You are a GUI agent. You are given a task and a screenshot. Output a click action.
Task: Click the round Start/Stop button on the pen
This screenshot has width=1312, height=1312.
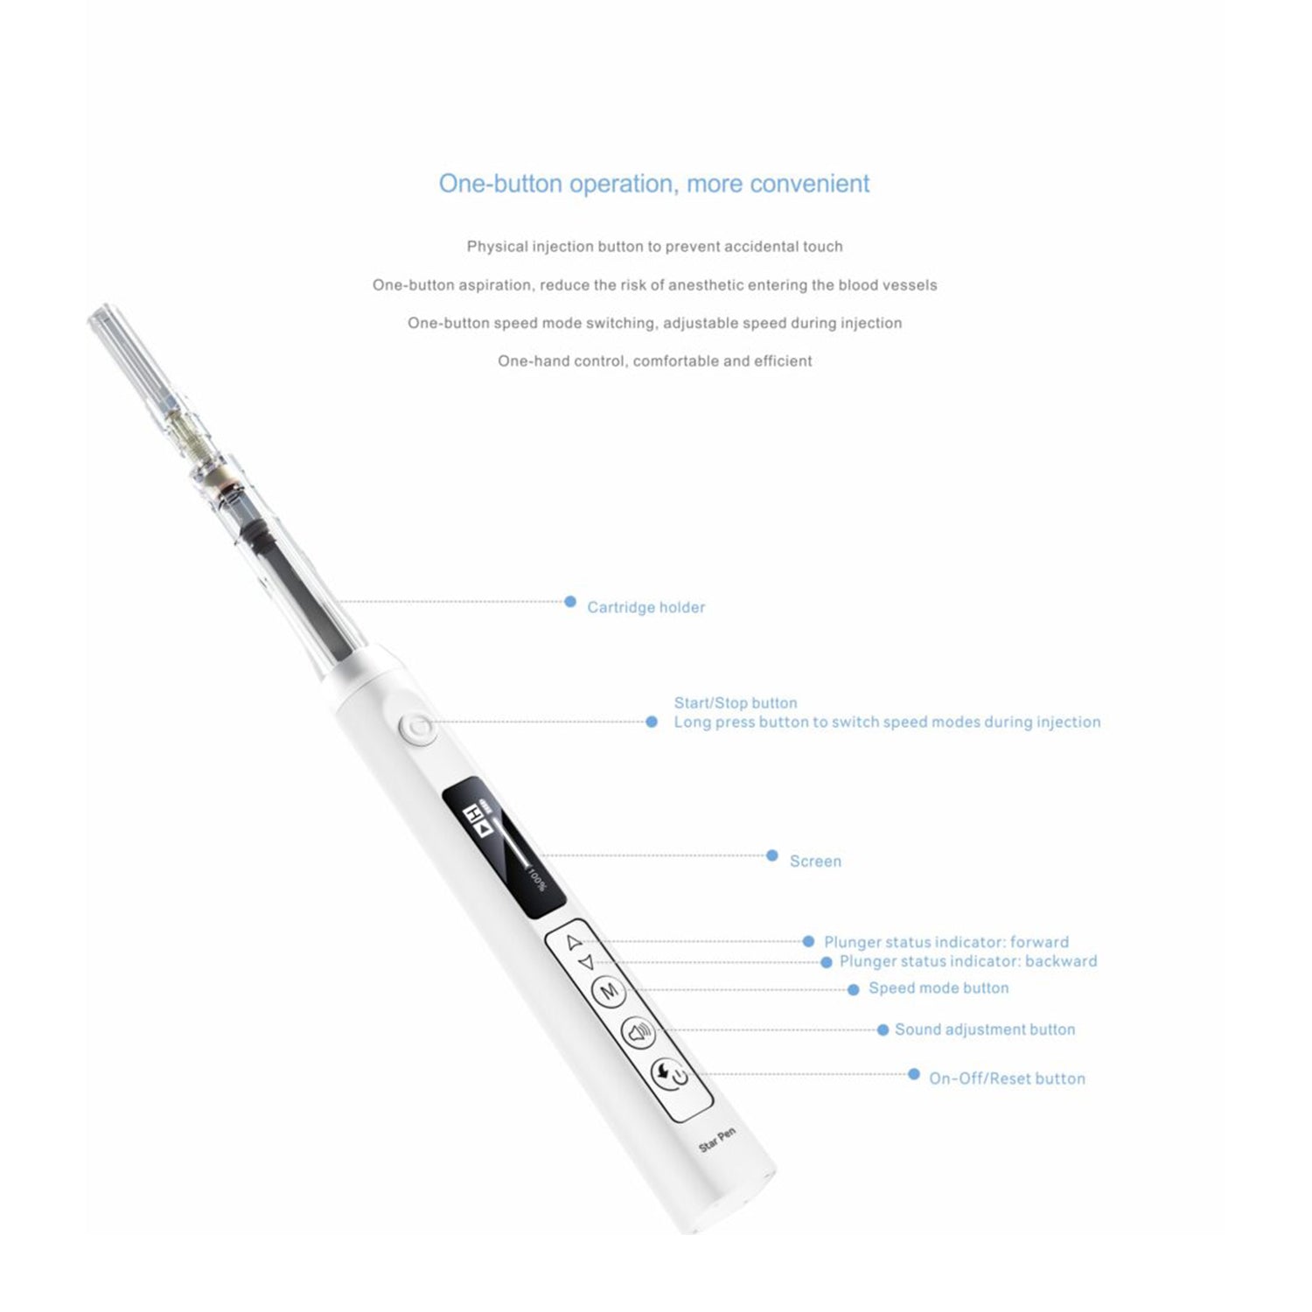[416, 728]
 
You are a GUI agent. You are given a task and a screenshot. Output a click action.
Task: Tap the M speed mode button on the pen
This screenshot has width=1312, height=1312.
[610, 991]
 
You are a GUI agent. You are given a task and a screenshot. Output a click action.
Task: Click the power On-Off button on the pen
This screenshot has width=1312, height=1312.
[671, 1074]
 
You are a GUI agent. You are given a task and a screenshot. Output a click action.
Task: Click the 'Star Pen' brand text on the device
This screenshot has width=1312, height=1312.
[717, 1140]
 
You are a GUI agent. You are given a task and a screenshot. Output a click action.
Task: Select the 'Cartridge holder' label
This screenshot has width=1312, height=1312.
[646, 607]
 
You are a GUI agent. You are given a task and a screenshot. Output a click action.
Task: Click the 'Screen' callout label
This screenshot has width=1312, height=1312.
[815, 862]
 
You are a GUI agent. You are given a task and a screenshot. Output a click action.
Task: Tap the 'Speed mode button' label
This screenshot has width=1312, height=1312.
[938, 988]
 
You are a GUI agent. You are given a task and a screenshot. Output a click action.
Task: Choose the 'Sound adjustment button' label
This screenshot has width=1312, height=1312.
[984, 1029]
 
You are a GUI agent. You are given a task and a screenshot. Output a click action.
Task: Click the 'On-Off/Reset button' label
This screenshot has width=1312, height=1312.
[1006, 1078]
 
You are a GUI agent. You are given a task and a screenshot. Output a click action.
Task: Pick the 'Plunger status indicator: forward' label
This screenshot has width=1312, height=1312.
[946, 942]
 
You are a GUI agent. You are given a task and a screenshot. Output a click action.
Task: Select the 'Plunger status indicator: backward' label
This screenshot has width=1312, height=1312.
[967, 961]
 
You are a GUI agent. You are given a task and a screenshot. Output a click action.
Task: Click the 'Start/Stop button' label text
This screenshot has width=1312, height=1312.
[735, 702]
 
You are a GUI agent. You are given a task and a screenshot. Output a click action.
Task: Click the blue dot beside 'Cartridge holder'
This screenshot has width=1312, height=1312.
[570, 602]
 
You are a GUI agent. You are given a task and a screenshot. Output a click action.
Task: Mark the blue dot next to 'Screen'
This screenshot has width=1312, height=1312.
[771, 855]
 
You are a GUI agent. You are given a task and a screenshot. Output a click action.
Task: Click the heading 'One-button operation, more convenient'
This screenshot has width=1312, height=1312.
[654, 184]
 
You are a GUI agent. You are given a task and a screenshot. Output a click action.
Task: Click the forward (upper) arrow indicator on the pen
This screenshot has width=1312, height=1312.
[574, 942]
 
